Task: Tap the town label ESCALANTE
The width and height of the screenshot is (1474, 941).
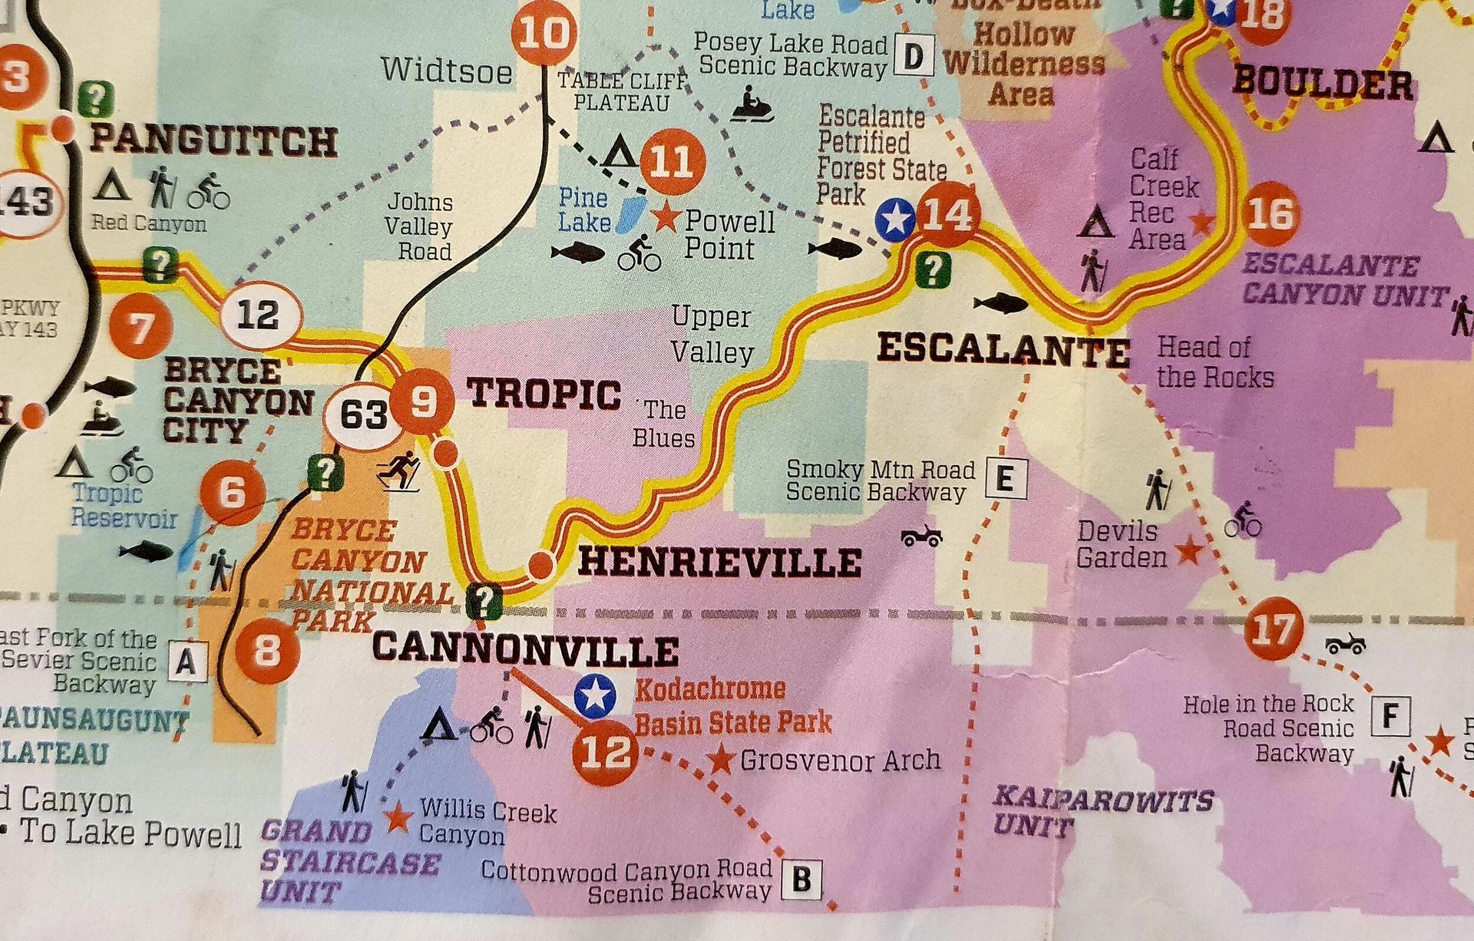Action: pos(1003,350)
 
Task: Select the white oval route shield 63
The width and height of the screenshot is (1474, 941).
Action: pos(363,415)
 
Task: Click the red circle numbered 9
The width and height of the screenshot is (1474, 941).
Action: pos(422,401)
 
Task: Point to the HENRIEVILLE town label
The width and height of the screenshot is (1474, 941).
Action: pos(719,563)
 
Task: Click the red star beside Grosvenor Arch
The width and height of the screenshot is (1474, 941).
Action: pos(721,760)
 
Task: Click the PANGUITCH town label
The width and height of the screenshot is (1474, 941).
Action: pos(213,142)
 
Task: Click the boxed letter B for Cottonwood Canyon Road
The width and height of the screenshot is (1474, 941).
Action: pos(801,879)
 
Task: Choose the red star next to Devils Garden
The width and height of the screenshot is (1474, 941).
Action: pos(1189,550)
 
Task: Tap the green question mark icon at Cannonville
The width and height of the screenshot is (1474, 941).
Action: pos(484,600)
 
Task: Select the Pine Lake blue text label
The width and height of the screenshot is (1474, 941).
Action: pos(584,210)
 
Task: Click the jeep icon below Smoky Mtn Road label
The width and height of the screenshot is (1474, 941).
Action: pos(922,535)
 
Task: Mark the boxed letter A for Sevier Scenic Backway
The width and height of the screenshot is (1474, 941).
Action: pos(187,662)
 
